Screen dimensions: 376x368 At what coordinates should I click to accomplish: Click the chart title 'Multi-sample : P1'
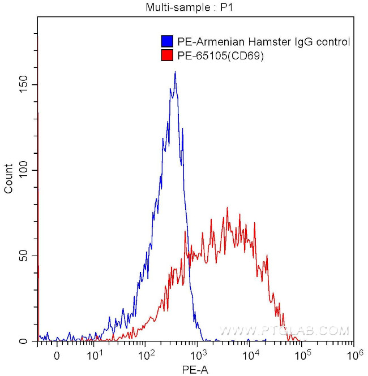[x=181, y=7]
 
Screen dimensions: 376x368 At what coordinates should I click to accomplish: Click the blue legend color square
[x=167, y=42]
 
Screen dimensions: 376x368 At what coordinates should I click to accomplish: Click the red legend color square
[x=167, y=55]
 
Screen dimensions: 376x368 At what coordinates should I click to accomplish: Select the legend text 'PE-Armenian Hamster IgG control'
[x=263, y=42]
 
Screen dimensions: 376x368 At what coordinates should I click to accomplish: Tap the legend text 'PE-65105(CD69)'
[x=221, y=55]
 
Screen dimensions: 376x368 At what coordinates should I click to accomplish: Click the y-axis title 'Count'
[x=8, y=179]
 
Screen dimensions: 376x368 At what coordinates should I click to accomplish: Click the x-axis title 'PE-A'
[x=195, y=368]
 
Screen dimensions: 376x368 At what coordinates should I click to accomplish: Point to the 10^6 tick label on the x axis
[x=354, y=355]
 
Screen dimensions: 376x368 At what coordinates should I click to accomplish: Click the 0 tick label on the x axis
[x=56, y=356]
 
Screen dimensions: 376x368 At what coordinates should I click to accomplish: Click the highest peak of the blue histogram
[x=176, y=72]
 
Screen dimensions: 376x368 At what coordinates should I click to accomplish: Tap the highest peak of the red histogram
[x=227, y=208]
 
